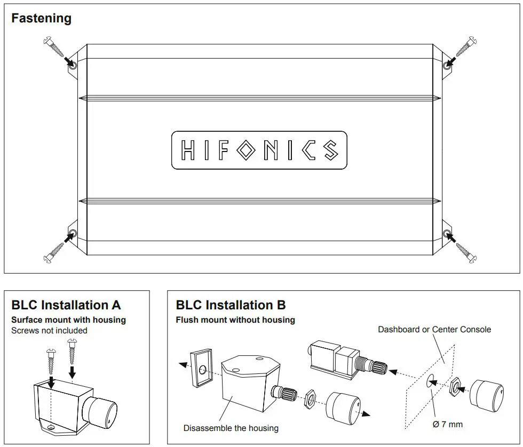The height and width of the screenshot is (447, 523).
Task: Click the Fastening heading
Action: tap(42, 18)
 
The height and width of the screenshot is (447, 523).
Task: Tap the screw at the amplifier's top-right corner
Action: tap(463, 49)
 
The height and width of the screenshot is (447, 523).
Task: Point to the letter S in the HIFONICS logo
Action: tap(329, 150)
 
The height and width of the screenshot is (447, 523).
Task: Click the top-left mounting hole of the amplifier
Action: tap(72, 65)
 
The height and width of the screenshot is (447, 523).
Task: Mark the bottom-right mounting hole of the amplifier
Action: tap(447, 233)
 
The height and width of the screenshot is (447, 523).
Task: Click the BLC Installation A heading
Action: tap(66, 305)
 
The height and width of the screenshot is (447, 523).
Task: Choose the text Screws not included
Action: tap(49, 330)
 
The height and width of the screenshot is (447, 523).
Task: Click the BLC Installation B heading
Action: tap(231, 305)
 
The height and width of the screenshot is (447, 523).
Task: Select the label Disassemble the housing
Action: tap(231, 428)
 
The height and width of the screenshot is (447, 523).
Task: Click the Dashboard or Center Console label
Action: tap(434, 330)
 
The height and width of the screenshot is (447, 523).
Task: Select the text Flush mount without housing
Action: tap(235, 320)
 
